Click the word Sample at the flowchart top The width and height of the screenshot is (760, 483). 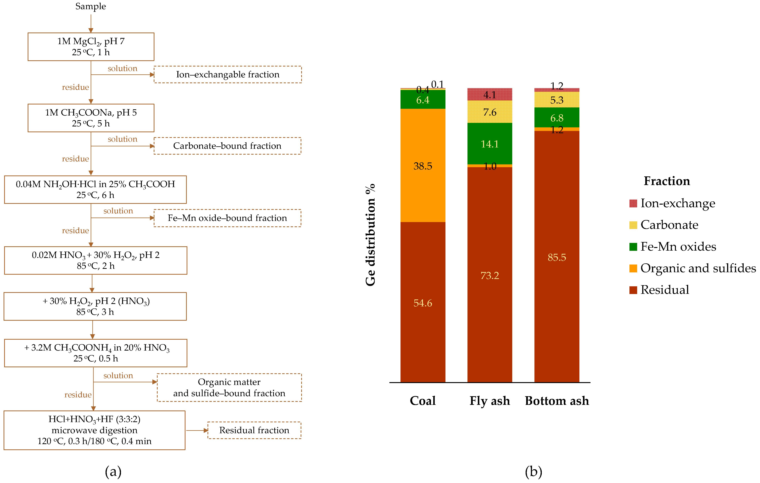tap(91, 6)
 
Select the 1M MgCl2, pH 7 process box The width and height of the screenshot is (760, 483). tap(91, 47)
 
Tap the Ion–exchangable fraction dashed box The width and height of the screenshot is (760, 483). tap(228, 74)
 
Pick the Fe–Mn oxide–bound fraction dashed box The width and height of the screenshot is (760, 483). tap(227, 218)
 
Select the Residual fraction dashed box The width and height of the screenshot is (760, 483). tap(254, 430)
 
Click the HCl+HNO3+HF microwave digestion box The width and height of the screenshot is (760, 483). tap(94, 430)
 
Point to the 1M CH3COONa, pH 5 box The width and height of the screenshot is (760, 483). tap(91, 118)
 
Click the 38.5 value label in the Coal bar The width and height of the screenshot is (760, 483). tap(423, 166)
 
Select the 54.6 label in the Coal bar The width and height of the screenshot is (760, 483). tap(423, 303)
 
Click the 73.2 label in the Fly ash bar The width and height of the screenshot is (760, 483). tap(489, 276)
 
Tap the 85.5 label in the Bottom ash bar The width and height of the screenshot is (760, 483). tap(557, 257)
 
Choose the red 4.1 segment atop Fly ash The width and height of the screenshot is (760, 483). tap(489, 94)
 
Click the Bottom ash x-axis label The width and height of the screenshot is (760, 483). tap(557, 401)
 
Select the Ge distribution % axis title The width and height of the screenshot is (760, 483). tap(370, 235)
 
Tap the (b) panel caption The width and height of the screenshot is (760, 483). tap(533, 472)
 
